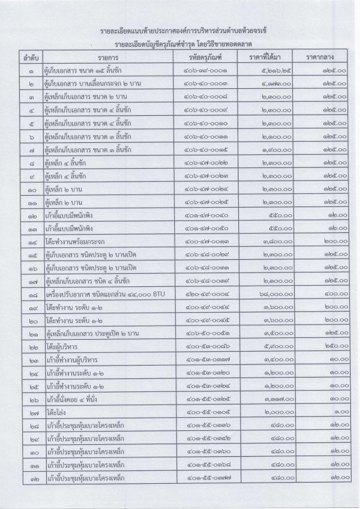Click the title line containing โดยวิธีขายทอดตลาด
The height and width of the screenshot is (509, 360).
point(181,43)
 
